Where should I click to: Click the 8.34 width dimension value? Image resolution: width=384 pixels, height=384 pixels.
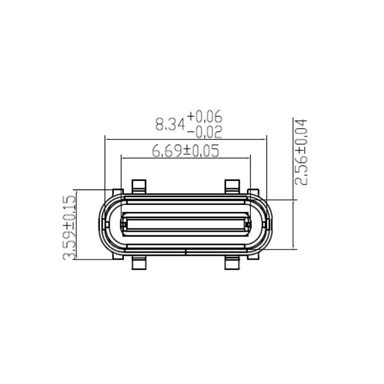[x=170, y=124]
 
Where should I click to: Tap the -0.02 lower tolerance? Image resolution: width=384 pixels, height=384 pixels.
[x=204, y=131]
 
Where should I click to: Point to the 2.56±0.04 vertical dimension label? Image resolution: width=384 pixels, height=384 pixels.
[x=302, y=152]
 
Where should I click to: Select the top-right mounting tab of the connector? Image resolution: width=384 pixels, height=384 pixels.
[x=232, y=186]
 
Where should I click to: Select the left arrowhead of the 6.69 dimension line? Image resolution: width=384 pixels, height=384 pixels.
[x=123, y=159]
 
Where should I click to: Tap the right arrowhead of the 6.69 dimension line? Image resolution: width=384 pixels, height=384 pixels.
[x=248, y=159]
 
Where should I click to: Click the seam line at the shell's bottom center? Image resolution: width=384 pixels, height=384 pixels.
[x=186, y=251]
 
